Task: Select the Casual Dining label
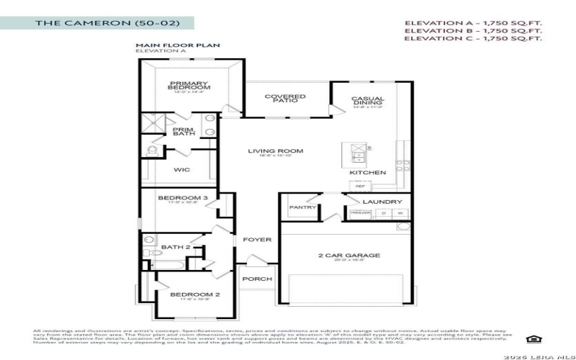coord(368,102)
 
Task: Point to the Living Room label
coord(276,152)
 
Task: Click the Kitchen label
coord(368,173)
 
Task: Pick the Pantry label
coord(302,207)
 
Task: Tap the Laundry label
coord(377,202)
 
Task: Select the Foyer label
coord(257,240)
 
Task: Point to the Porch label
coord(257,279)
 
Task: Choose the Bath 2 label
coord(176,248)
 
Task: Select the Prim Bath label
coord(183,131)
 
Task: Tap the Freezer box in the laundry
coord(361,213)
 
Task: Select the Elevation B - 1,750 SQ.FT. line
coord(472,31)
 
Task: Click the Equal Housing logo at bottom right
coord(534,338)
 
